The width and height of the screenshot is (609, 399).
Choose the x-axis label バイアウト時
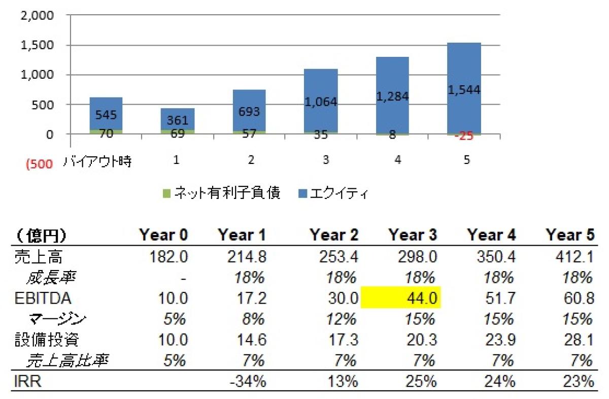click(97, 161)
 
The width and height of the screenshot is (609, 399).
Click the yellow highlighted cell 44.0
click(401, 297)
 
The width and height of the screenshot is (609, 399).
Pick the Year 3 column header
click(412, 235)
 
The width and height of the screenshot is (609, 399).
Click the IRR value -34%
click(248, 381)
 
